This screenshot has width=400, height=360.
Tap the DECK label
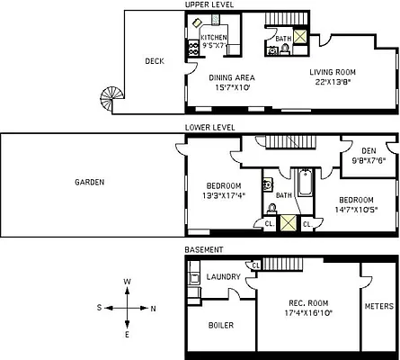[154, 61]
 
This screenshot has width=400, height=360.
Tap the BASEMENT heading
[204, 249]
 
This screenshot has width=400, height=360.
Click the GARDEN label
[90, 182]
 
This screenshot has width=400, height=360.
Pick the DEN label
[369, 150]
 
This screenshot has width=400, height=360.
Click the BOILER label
[220, 325]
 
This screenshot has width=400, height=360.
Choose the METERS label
[378, 306]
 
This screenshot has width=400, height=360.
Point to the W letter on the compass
[128, 282]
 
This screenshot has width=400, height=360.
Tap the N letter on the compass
[154, 309]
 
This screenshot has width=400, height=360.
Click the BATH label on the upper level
[283, 39]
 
